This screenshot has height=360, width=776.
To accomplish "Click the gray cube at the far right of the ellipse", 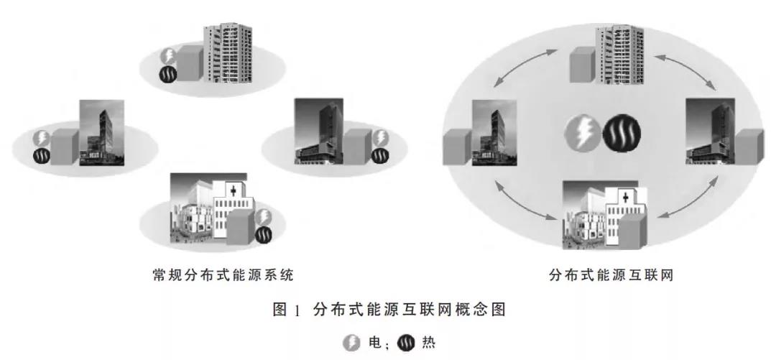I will tap(748, 148).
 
